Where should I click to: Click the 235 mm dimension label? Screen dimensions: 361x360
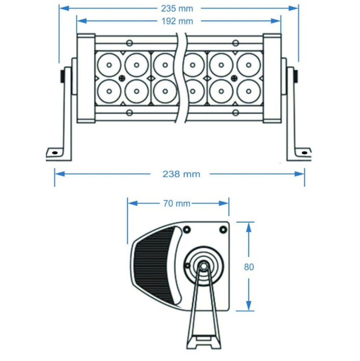[x=177, y=8]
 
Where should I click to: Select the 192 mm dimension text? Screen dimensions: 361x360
[x=177, y=21]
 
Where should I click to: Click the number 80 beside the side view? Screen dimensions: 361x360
[x=249, y=267]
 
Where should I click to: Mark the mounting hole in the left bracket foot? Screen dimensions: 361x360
[x=55, y=152]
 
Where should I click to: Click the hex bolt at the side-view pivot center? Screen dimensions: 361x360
[x=203, y=265]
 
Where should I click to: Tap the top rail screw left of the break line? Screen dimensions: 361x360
[x=129, y=43]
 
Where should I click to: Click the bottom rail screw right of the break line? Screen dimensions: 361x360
[x=235, y=113]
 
